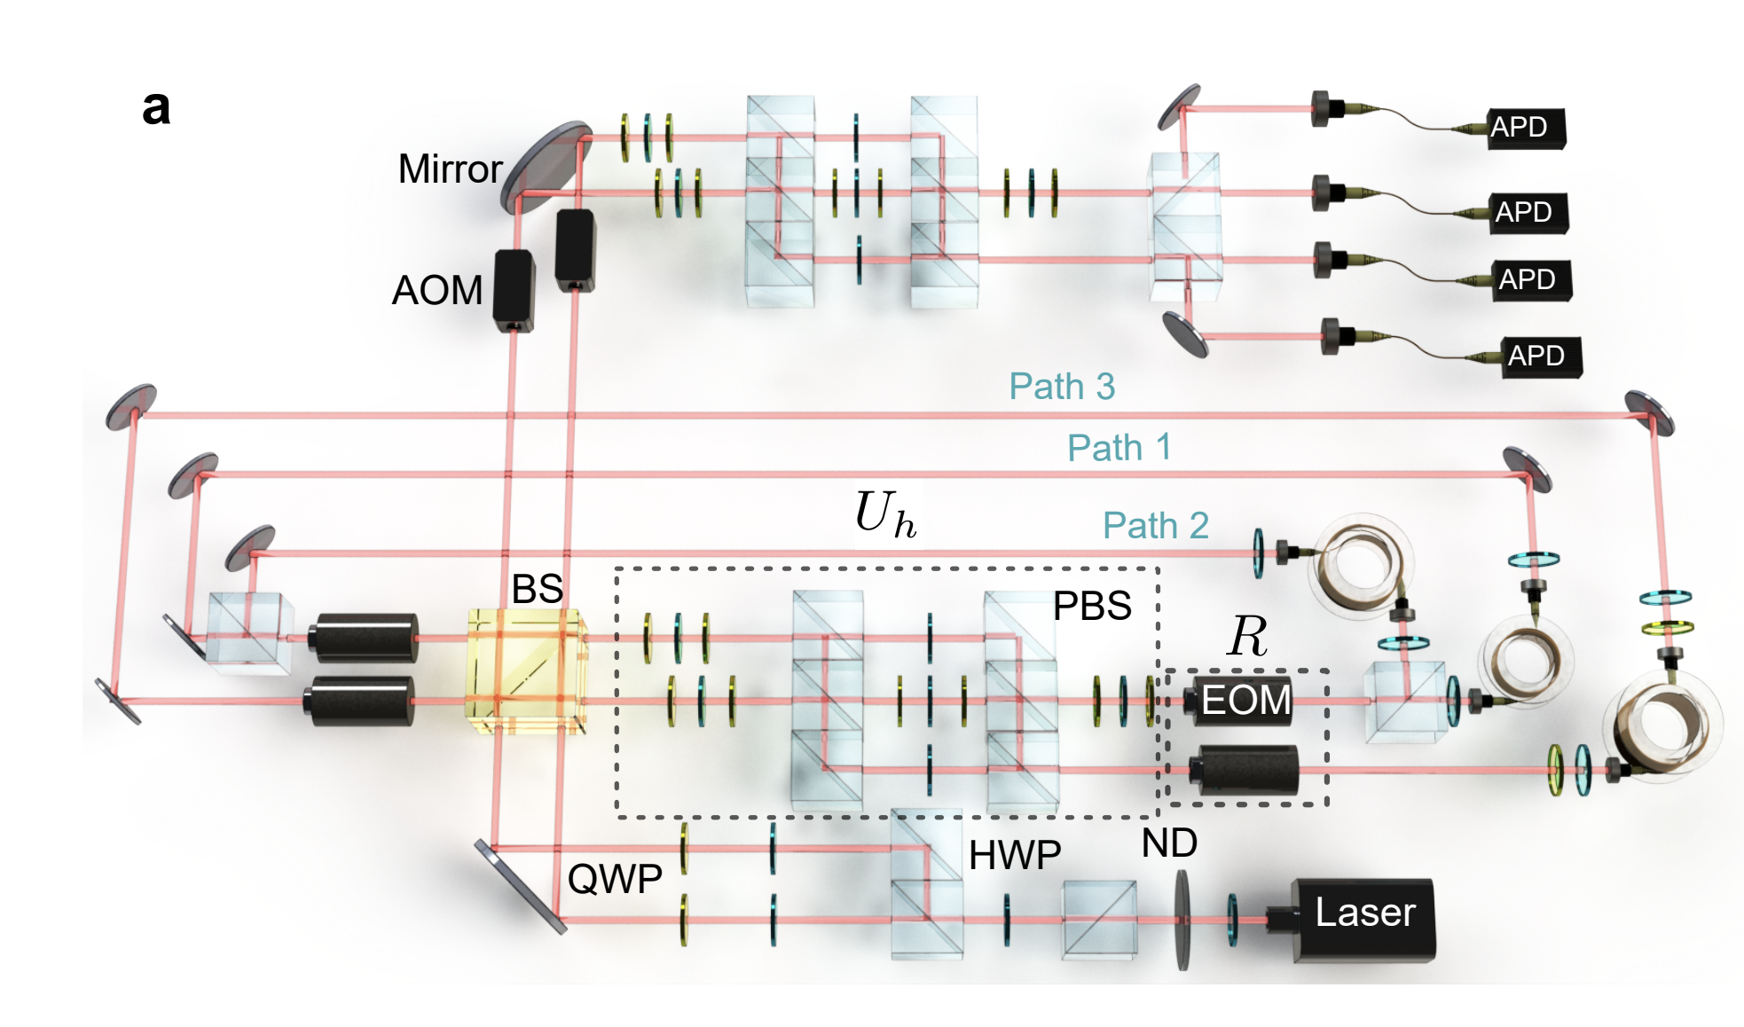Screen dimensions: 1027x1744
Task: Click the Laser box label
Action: point(1364,913)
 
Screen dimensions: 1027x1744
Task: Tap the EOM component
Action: point(1242,701)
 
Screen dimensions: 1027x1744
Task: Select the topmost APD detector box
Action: point(1524,128)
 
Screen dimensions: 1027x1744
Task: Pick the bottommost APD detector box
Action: point(1540,357)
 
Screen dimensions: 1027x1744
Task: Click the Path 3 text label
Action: point(1061,387)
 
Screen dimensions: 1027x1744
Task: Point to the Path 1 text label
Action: point(1119,448)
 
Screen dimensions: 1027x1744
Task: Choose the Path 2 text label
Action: point(1155,526)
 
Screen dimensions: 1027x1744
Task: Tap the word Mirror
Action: point(450,169)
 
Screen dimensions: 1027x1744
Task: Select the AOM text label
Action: point(437,291)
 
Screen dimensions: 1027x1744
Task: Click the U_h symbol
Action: point(884,514)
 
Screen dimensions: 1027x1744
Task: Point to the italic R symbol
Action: point(1248,636)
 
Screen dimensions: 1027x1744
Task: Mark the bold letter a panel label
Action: point(156,108)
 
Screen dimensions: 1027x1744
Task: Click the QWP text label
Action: point(615,879)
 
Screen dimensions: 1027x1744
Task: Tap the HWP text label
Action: point(1014,856)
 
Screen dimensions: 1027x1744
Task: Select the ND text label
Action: point(1168,843)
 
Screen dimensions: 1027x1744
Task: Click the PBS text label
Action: point(1091,607)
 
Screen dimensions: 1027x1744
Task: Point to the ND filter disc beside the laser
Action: point(1182,921)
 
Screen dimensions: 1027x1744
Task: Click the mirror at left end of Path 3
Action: point(131,407)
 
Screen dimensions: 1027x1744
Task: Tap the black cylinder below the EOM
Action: point(1245,770)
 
